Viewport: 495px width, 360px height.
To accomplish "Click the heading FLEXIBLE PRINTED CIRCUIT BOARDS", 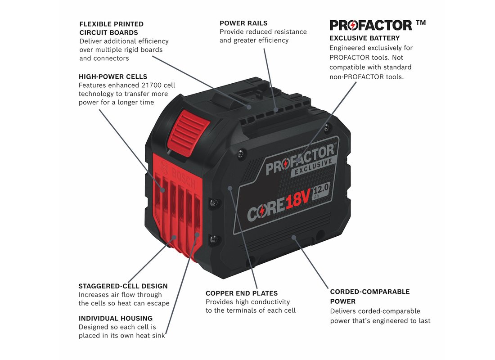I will point(111,28).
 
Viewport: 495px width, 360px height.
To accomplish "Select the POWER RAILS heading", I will point(243,23).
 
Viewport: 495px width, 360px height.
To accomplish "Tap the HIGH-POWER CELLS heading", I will point(113,76).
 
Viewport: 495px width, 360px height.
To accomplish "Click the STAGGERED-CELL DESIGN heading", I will point(123,286).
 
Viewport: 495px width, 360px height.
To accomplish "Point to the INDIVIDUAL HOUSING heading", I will point(116,318).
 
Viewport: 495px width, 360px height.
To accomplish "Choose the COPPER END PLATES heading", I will point(242,293).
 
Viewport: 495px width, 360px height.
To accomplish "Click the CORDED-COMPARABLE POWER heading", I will point(369,296).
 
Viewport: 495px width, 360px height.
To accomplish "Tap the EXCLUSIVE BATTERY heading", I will point(364,38).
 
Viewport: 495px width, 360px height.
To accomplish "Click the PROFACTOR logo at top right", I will point(370,25).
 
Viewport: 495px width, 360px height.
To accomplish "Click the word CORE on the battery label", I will point(265,211).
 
